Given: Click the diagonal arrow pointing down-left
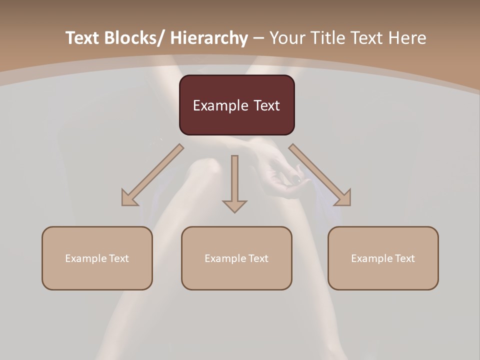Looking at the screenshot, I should (152, 175).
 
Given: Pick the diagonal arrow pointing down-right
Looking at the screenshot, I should (320, 175).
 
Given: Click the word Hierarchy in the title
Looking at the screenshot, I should (209, 38).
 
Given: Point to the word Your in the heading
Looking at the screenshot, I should (286, 38).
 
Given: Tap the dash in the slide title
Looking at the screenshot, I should (258, 38).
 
